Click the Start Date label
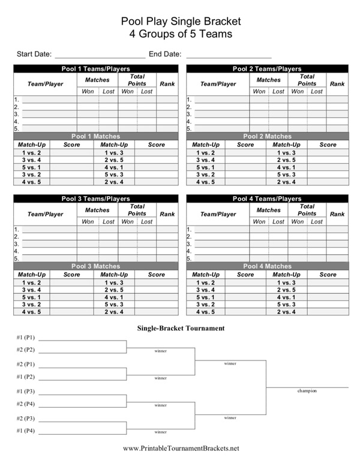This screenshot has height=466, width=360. [34, 53]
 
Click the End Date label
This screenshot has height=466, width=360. [166, 53]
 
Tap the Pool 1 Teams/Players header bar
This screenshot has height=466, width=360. [96, 69]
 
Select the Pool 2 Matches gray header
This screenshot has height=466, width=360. [267, 137]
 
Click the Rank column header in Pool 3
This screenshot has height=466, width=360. [167, 214]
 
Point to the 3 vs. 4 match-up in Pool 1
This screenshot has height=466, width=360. [31, 160]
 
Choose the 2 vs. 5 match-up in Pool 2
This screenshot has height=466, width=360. [286, 160]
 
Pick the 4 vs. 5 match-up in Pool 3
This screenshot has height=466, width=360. [31, 312]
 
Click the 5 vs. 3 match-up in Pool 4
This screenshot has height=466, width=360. [286, 305]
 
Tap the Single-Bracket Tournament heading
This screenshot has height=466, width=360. [181, 328]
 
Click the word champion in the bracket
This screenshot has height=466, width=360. [307, 391]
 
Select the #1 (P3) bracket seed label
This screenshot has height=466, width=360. [26, 391]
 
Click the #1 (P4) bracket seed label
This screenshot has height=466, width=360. [26, 431]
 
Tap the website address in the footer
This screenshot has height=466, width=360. [181, 449]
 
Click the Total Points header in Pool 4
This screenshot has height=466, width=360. [307, 210]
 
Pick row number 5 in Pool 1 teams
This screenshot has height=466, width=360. [17, 129]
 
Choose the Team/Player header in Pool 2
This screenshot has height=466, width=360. [218, 84]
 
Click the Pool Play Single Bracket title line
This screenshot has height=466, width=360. [181, 21]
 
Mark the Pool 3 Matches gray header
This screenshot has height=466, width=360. [96, 266]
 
